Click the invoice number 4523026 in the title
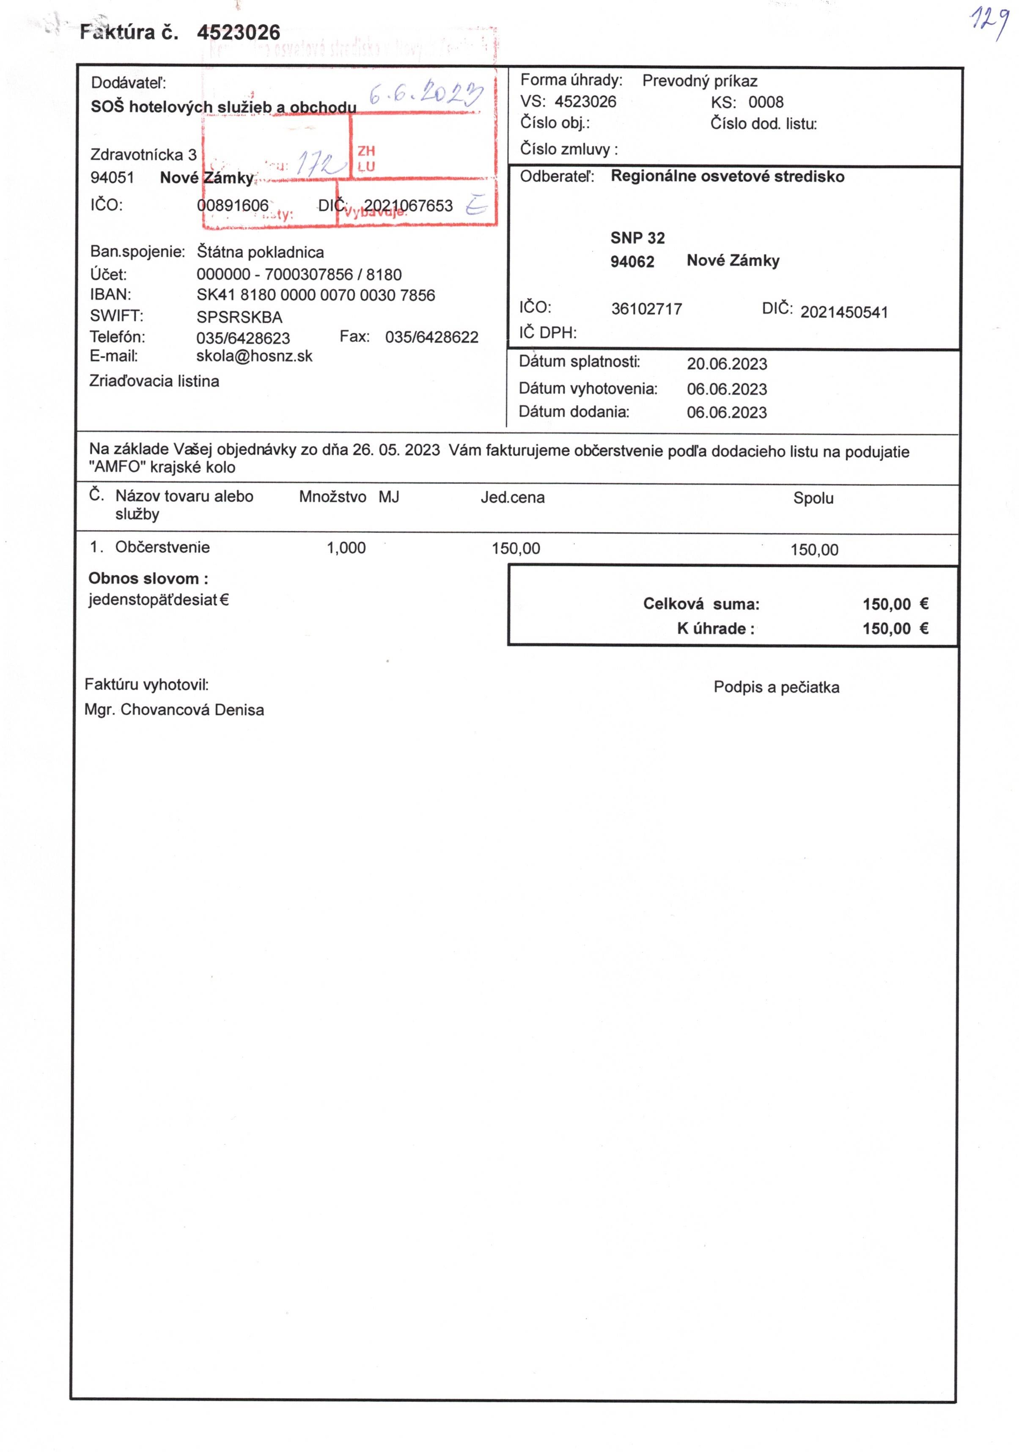coord(238,32)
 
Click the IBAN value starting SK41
coord(316,295)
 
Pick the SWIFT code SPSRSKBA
coord(239,316)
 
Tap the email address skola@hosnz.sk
coord(254,356)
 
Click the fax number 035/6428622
coord(431,337)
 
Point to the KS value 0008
coord(765,102)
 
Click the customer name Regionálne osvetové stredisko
coord(727,177)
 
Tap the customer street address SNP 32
coord(637,238)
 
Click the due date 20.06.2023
coord(726,364)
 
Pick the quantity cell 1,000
coord(346,548)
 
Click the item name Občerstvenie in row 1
coord(162,547)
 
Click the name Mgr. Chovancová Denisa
coord(174,710)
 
